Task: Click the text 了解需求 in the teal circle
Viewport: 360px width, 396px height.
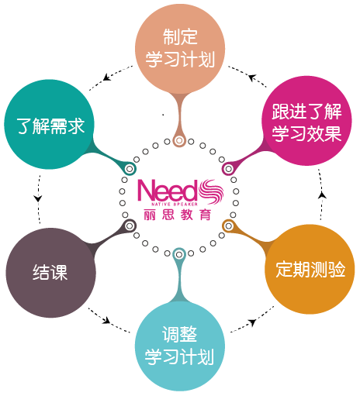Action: coord(50,126)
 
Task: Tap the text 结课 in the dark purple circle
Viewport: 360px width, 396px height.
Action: coord(50,272)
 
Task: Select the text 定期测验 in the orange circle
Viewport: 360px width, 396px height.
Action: coord(310,269)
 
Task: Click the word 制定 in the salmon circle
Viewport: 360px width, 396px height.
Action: coord(180,37)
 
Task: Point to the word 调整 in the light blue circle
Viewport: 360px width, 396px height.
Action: coord(180,334)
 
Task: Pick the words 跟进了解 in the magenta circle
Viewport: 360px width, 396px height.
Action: coord(306,112)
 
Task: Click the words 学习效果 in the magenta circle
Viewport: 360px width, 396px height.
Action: coord(306,133)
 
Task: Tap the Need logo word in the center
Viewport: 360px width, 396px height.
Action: coord(168,191)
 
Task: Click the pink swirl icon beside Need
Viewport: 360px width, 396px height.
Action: coord(211,191)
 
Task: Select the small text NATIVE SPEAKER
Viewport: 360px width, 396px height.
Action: coord(175,205)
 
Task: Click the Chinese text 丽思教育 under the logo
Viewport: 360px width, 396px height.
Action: coord(178,215)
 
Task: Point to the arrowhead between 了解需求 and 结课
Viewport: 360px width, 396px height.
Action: coord(38,198)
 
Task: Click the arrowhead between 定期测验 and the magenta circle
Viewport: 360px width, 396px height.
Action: coord(322,195)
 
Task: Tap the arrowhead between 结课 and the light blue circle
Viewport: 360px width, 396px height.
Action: coord(106,321)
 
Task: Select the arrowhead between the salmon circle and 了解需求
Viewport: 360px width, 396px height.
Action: coord(106,77)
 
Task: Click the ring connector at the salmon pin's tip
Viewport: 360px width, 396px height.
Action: coord(179,141)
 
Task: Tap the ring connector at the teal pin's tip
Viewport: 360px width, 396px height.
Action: coord(130,169)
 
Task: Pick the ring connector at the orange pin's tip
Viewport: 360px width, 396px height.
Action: coord(228,226)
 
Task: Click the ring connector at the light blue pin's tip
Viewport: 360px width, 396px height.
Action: coord(179,255)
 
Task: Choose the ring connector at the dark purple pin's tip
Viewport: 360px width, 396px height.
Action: coord(130,226)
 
